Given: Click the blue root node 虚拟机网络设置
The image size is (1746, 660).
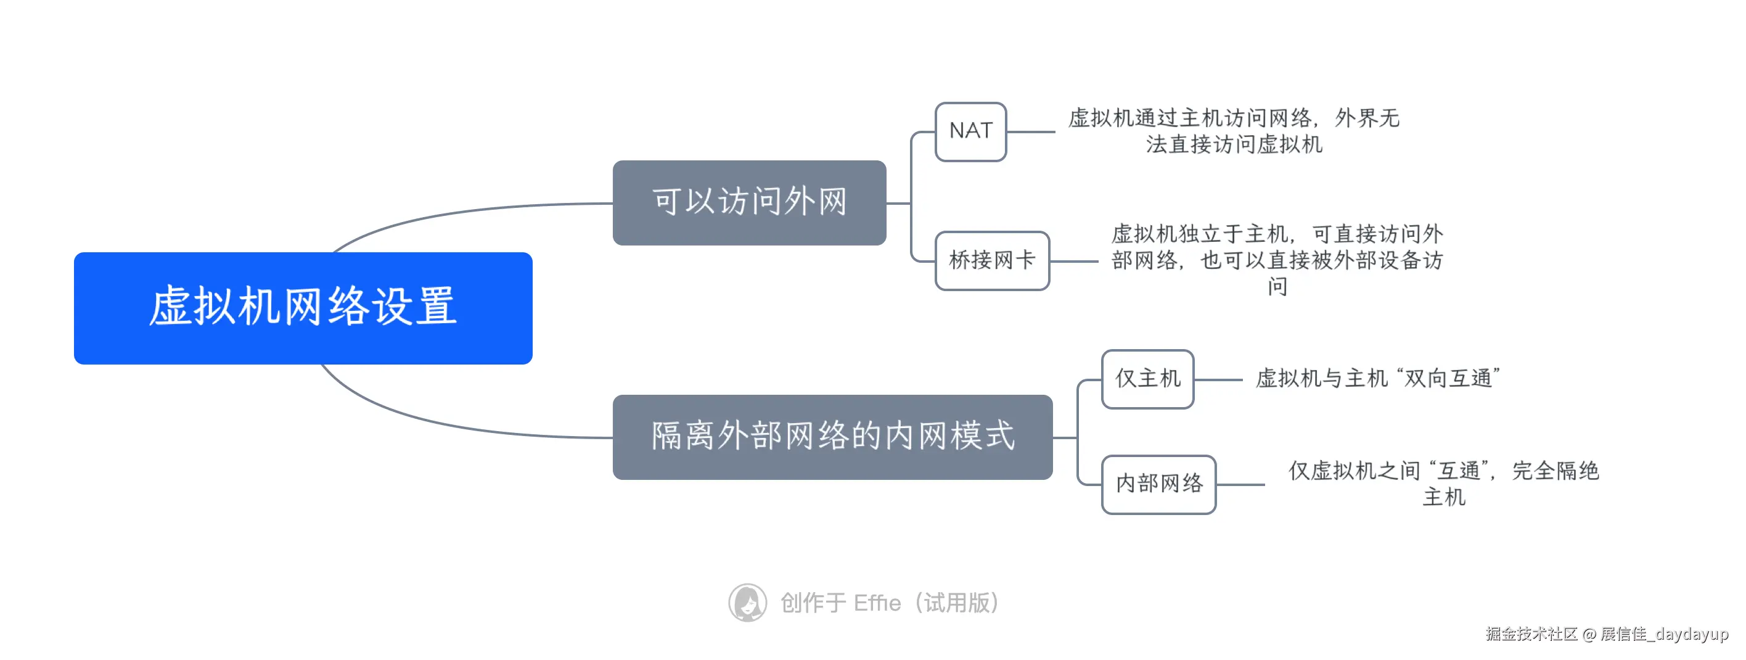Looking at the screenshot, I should (x=303, y=308).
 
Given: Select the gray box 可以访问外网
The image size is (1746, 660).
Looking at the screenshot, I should (x=749, y=202).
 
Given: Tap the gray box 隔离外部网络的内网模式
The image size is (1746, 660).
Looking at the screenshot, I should (x=832, y=437).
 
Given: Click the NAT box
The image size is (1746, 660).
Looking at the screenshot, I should (x=970, y=131).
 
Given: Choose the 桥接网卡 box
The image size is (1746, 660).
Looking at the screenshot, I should (x=991, y=260).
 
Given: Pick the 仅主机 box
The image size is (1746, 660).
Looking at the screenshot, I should (x=1147, y=379).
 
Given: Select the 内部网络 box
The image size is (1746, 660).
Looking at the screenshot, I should (x=1158, y=484).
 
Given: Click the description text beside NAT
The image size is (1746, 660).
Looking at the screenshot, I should (x=1234, y=131).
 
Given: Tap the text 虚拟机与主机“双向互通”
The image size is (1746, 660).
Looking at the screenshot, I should (x=1377, y=379).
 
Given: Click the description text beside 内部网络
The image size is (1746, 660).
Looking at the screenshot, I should (x=1444, y=483).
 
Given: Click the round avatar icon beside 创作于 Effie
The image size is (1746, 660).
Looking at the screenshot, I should (x=748, y=603).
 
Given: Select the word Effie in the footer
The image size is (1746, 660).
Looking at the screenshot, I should (x=877, y=603).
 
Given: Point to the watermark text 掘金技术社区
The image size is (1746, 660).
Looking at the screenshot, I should (x=1532, y=633).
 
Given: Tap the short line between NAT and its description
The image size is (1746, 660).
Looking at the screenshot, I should (x=1030, y=131).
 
